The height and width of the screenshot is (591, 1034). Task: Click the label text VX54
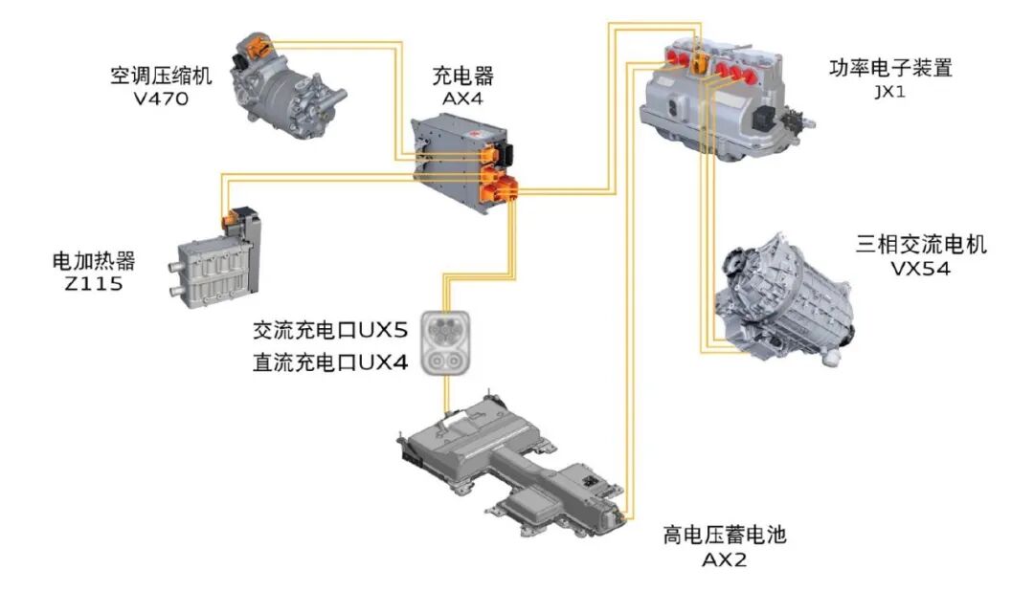[920, 270]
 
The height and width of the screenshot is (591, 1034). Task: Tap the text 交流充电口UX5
[330, 331]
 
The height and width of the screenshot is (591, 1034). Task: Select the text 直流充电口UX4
[330, 361]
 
